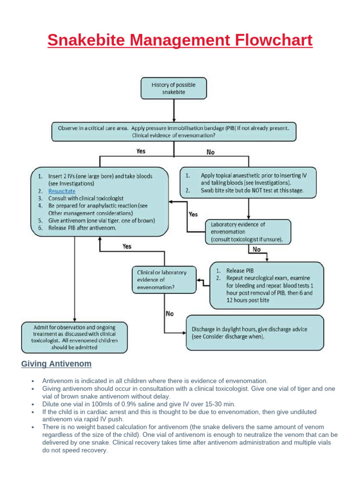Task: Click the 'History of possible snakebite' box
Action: point(173,88)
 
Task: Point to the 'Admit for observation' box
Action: point(74,337)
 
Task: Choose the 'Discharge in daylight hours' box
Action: point(255,333)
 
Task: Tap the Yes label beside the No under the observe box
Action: point(140,151)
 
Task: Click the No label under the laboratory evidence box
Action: point(256,250)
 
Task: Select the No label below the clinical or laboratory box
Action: point(169,314)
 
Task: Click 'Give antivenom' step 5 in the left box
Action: point(101,220)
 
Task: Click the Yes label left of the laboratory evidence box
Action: point(193,214)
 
